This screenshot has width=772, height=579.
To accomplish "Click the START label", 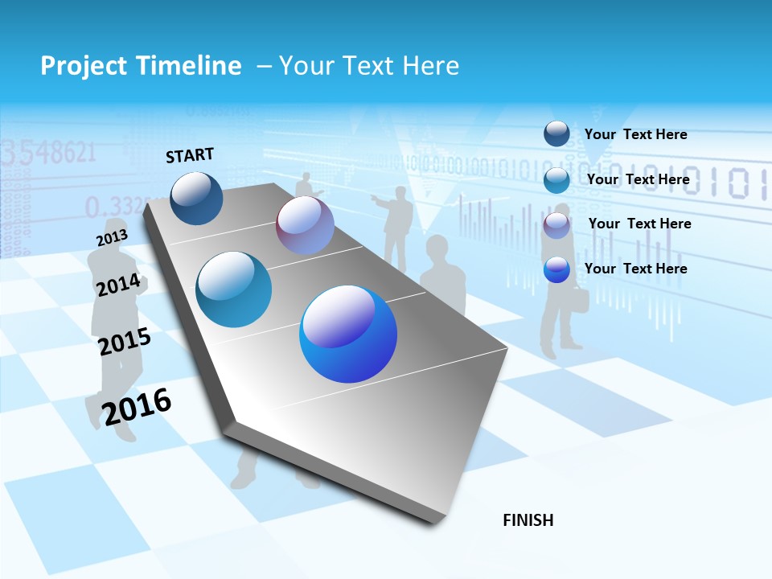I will click(x=190, y=155).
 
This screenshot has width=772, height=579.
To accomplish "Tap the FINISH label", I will click(x=528, y=520).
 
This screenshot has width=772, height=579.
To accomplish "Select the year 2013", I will click(x=112, y=238).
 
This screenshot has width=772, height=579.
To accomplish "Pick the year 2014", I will click(x=118, y=285).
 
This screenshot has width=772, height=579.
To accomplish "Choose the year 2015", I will click(x=125, y=342).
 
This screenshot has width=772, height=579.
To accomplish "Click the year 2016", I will click(x=137, y=406).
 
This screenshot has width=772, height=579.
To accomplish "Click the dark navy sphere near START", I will click(x=196, y=198).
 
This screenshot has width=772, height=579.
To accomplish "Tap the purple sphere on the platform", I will click(x=305, y=226).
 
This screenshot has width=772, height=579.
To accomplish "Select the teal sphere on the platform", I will click(x=234, y=289).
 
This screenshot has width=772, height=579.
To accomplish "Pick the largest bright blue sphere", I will click(x=348, y=334).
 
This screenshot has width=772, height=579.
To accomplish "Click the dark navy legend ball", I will click(x=556, y=133).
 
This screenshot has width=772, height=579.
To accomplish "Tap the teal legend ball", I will click(x=556, y=180).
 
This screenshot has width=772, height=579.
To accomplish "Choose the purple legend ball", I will click(x=556, y=225).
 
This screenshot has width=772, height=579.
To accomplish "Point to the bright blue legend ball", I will click(x=556, y=269).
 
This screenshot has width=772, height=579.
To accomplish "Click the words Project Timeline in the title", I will click(x=141, y=66).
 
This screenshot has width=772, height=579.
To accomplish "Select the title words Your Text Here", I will click(x=368, y=66).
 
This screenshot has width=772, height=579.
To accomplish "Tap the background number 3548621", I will click(x=48, y=151).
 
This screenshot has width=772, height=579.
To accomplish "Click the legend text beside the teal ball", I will click(x=638, y=179).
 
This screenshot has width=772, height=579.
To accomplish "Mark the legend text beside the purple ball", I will click(x=639, y=224).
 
